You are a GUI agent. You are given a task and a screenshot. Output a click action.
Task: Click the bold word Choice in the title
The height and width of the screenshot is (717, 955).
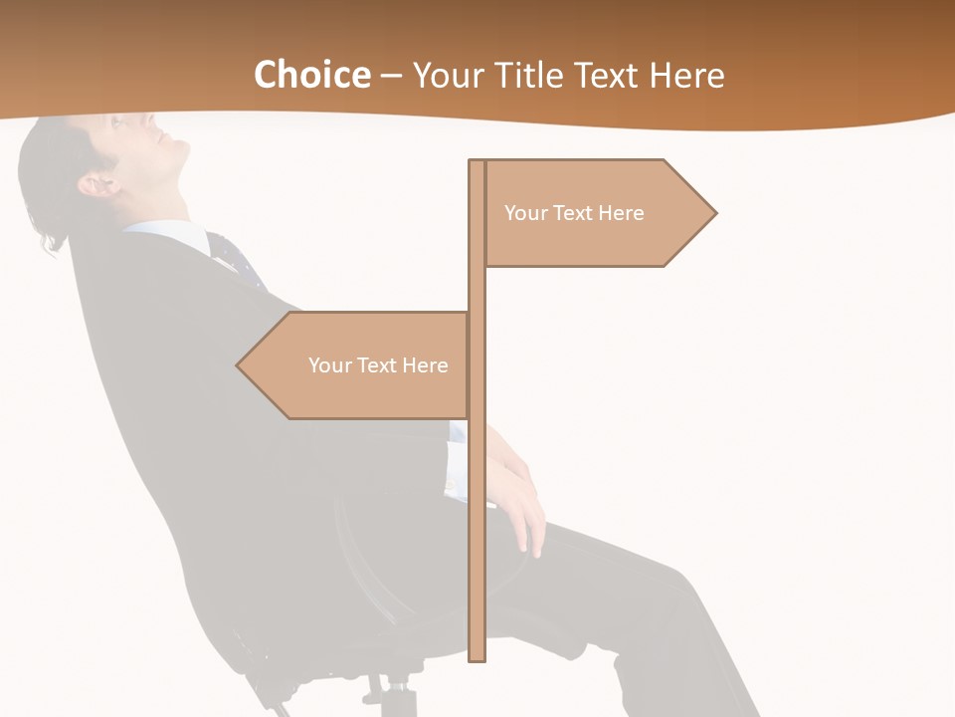coord(311,75)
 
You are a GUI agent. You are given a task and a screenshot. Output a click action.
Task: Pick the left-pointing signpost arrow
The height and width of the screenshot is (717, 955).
coord(358,365)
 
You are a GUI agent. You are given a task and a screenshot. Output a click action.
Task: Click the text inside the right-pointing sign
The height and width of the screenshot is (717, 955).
coord(574,213)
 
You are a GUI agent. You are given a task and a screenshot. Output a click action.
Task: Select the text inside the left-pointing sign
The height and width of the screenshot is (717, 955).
coord(378,365)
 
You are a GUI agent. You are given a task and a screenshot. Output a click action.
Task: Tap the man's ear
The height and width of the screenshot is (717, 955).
coord(97,184)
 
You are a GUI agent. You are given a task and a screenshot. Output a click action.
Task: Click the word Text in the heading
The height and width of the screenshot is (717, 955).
coord(608,75)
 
